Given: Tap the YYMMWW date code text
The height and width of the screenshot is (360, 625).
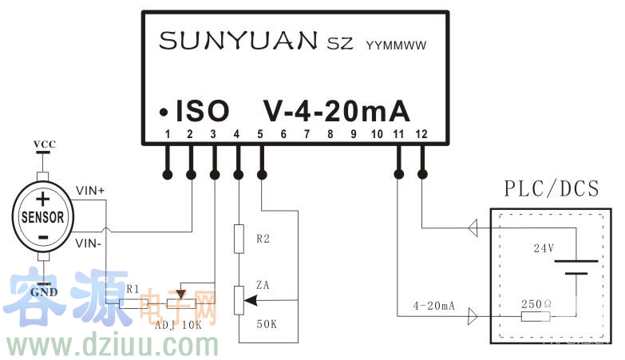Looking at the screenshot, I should pyautogui.click(x=395, y=45).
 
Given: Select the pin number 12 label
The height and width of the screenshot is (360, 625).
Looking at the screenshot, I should pyautogui.click(x=421, y=134).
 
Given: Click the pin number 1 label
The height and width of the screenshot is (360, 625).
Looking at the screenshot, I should pyautogui.click(x=168, y=134).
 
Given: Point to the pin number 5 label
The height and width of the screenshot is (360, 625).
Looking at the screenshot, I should pyautogui.click(x=260, y=134).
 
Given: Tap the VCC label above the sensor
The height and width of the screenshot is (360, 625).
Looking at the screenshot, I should pyautogui.click(x=44, y=144).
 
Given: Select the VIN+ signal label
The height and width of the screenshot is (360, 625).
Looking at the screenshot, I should pyautogui.click(x=90, y=192).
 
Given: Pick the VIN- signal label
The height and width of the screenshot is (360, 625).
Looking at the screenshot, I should pyautogui.click(x=89, y=239).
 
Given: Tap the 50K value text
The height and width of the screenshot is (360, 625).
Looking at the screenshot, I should pyautogui.click(x=266, y=323).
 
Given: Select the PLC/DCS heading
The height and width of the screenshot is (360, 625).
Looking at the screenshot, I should pyautogui.click(x=551, y=189).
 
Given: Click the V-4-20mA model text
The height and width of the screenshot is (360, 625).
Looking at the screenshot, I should pyautogui.click(x=336, y=111).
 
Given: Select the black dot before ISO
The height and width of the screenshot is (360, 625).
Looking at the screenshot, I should pyautogui.click(x=163, y=111).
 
